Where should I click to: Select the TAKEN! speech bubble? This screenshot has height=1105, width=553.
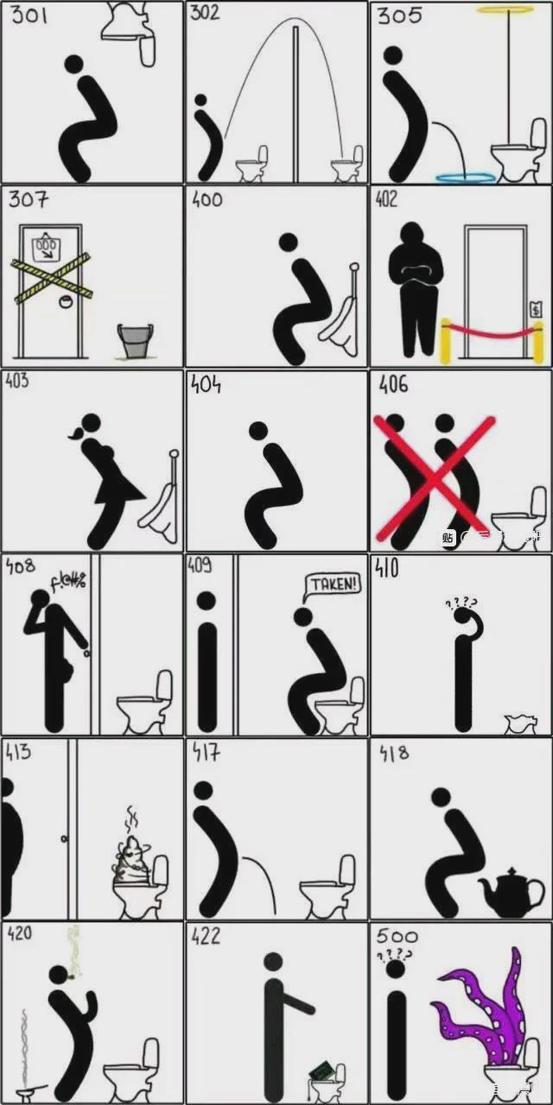[x=334, y=584]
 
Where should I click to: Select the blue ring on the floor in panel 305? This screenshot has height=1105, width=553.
[x=467, y=177]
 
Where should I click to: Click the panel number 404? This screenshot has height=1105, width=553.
[x=206, y=384]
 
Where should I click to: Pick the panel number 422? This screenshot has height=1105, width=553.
[x=207, y=936]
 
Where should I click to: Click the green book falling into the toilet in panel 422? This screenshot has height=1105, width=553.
[x=321, y=1070]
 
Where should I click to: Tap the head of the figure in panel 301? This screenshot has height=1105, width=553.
[x=74, y=64]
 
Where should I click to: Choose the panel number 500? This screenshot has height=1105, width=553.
[x=397, y=937]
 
